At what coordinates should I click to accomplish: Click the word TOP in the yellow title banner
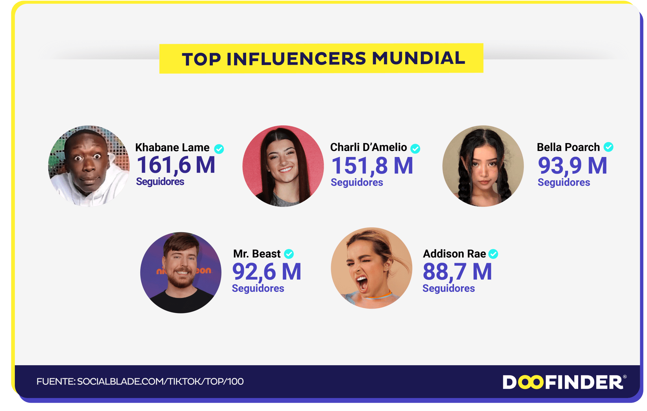tap(201, 59)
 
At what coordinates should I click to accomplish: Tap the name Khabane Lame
tap(172, 148)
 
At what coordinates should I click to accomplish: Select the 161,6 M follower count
tap(176, 165)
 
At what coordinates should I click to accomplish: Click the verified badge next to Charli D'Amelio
tap(415, 148)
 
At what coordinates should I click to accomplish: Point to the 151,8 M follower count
tap(372, 166)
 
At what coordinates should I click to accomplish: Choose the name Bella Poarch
tap(568, 147)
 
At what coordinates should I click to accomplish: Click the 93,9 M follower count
tap(572, 166)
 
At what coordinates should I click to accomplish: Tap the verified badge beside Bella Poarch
tap(608, 147)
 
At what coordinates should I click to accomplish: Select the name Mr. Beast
tap(257, 254)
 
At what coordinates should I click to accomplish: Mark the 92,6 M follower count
tap(267, 272)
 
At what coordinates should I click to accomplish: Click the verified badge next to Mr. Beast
tap(289, 254)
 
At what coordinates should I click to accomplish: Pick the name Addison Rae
tap(454, 254)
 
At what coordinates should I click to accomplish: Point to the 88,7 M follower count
tap(457, 272)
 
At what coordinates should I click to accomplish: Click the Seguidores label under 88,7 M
tap(449, 288)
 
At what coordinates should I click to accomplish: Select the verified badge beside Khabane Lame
tap(219, 149)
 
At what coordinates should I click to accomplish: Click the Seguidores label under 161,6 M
tap(160, 182)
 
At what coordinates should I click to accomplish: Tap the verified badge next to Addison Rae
tap(493, 254)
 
